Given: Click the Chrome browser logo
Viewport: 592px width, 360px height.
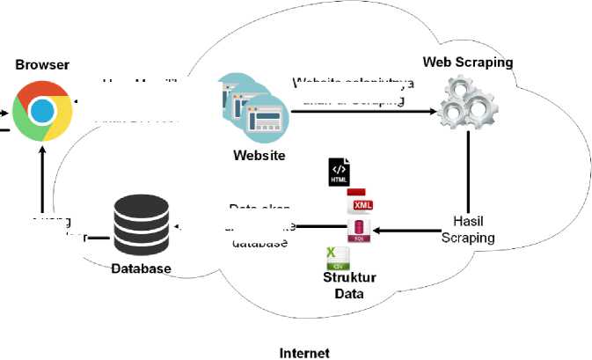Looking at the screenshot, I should [42, 110].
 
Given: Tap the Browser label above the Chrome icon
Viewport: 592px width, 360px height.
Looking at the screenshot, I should [42, 65].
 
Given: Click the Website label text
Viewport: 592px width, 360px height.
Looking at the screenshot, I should [259, 156].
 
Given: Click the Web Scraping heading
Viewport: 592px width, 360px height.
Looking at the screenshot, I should [468, 62].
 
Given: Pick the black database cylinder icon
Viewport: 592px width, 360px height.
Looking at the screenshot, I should [141, 226].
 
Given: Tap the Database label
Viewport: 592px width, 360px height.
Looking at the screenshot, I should [142, 268].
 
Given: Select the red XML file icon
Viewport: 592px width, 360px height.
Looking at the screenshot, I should [360, 203].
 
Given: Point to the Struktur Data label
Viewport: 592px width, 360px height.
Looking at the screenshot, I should [349, 286].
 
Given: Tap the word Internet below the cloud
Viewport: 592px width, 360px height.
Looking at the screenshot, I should [304, 353].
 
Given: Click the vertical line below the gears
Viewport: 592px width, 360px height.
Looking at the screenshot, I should [469, 172].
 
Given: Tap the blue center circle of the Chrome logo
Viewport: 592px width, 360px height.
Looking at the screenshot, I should [42, 111].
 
